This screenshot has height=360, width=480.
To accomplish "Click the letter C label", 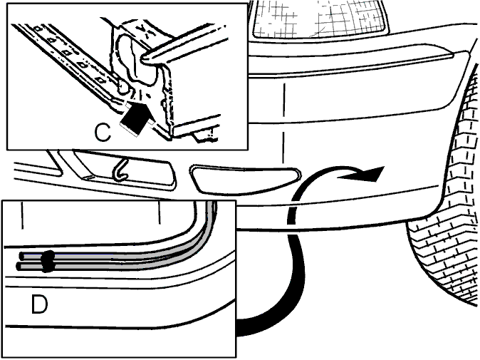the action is pos(103,133).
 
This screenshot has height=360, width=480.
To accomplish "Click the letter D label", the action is pos(39,184).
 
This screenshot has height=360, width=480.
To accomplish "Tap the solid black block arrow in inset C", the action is pos(135,118).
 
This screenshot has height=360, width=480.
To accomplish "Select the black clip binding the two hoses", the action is pos(48,262).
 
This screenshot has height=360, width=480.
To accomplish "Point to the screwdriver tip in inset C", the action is pos(145,58).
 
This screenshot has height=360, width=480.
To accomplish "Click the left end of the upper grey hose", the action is pos(21,255).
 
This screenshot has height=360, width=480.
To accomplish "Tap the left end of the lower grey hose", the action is pos(19,267).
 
